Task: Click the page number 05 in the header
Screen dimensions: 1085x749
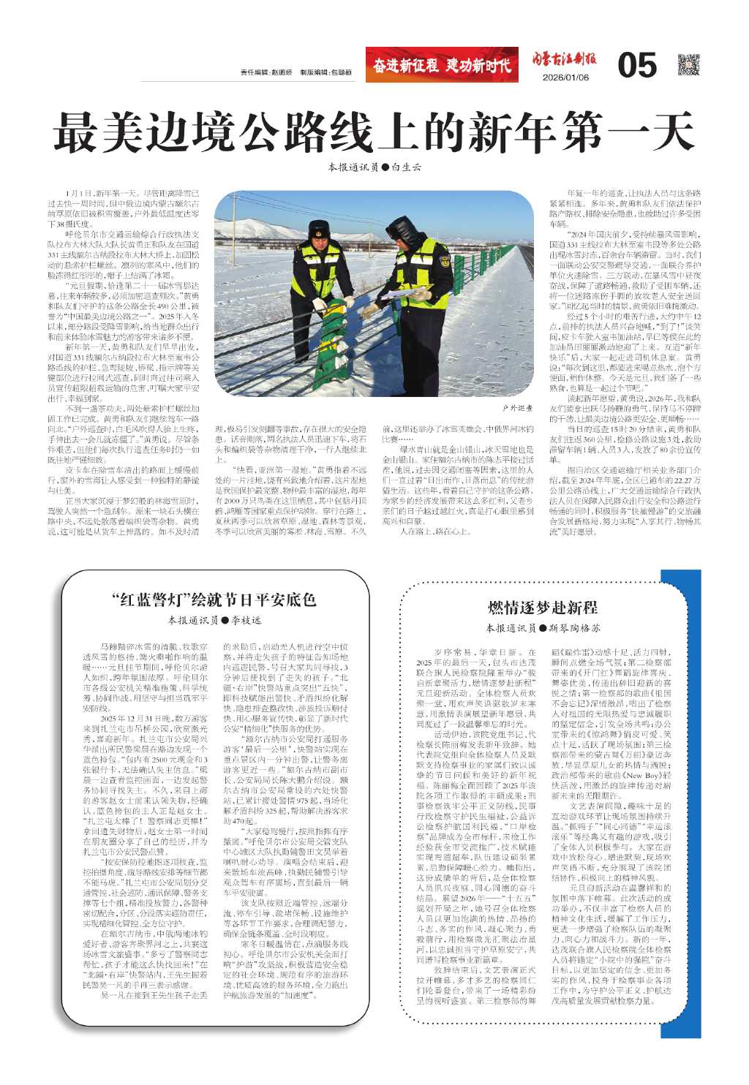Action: (636, 66)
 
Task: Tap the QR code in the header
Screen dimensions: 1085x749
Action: (688, 65)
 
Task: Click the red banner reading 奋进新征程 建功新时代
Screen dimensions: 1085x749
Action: (442, 65)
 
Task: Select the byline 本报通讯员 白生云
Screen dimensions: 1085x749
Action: (374, 167)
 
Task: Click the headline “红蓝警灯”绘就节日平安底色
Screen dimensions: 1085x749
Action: (214, 600)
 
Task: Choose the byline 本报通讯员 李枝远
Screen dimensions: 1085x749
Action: (214, 620)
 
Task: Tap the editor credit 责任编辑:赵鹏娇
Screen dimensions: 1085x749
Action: (266, 72)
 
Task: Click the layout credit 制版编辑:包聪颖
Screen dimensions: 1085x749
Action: (325, 72)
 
